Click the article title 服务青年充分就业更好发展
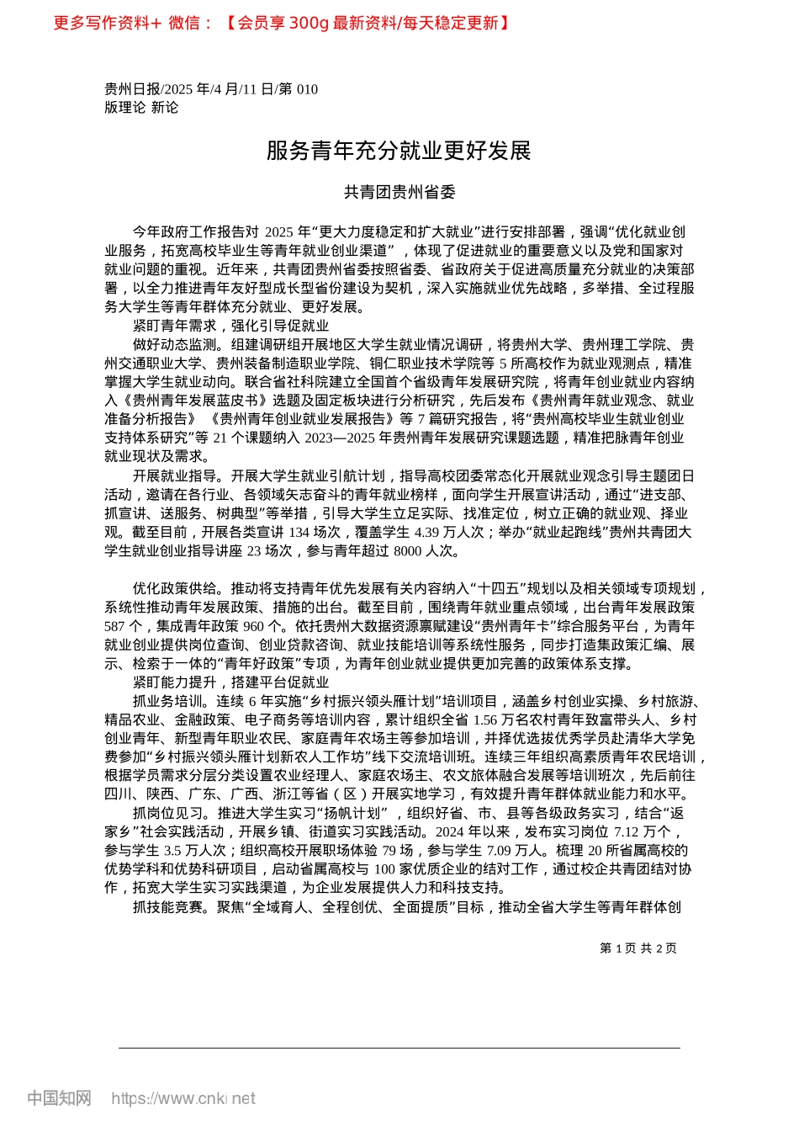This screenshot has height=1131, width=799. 399,151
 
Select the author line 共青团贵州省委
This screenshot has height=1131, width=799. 399,193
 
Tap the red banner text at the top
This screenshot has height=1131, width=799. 281,24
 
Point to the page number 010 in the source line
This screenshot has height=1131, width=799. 306,89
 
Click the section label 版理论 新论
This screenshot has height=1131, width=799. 141,107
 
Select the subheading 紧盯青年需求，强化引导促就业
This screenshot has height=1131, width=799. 230,326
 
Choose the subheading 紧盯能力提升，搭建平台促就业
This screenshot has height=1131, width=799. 230,682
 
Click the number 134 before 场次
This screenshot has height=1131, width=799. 299,533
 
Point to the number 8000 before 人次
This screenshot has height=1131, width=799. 408,551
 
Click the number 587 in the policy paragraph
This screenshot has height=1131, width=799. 115,626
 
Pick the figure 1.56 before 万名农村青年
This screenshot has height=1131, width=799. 485,720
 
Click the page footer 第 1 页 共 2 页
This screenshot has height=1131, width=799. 638,948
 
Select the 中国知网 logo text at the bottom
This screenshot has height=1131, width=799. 59,1098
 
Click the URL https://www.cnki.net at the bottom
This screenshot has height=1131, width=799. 183,1098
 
